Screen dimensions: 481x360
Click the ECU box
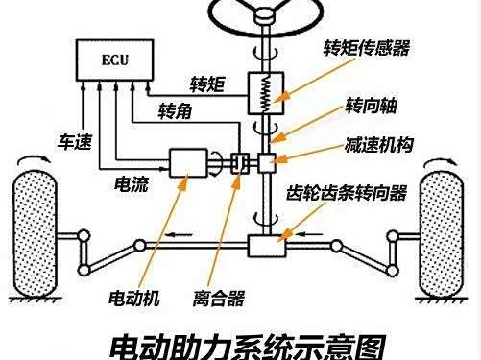(115, 60)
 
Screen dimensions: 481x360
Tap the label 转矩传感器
(366, 48)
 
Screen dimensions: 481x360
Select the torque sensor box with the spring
(266, 93)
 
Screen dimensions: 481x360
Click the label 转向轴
(371, 106)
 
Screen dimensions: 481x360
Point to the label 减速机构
(379, 145)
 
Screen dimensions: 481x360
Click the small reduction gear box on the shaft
(267, 163)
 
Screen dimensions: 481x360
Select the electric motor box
(188, 163)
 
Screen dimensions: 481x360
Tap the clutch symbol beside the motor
(240, 163)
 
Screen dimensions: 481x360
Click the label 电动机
(134, 299)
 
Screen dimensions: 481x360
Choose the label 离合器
(219, 299)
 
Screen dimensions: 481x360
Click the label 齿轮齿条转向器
(347, 193)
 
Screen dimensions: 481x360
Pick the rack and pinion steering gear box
(267, 246)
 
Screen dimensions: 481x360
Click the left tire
(35, 234)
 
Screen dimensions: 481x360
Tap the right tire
(442, 234)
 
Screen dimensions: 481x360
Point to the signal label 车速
(75, 142)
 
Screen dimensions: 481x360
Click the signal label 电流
(132, 184)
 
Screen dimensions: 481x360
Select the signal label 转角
(175, 111)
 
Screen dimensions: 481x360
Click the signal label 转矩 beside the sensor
(207, 84)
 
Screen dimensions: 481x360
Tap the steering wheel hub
(265, 15)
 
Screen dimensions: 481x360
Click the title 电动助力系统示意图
(247, 348)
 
